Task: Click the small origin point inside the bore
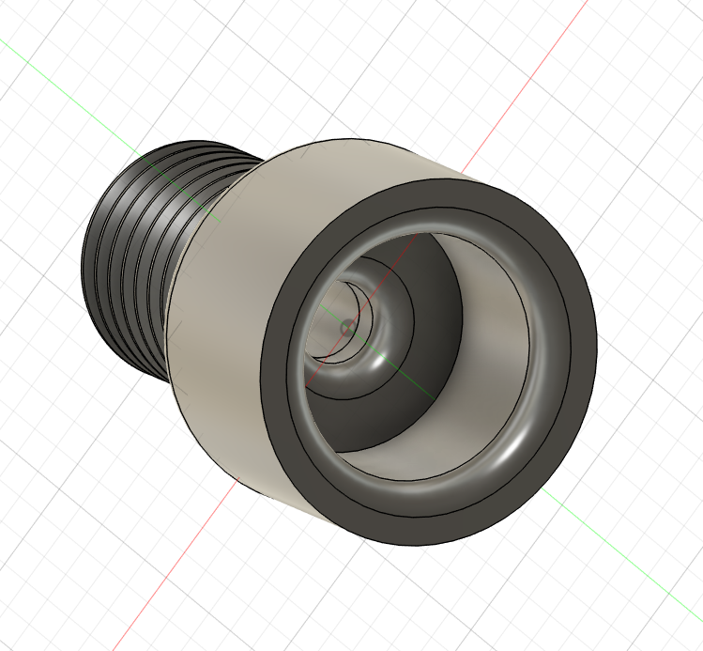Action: click(x=347, y=327)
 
